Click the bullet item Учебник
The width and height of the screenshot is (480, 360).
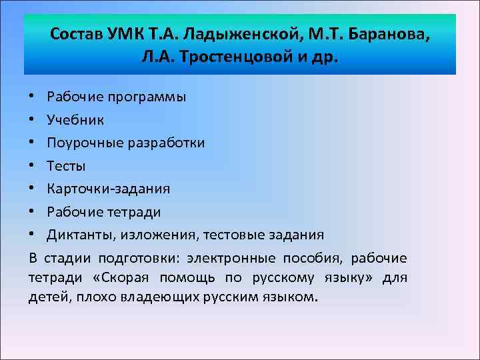tap(75, 120)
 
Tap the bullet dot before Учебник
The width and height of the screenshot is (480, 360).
tap(33, 120)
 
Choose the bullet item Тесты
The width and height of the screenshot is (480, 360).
tap(67, 166)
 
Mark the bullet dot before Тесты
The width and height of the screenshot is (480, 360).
tap(33, 166)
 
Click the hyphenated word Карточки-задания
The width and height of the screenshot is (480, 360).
tap(109, 189)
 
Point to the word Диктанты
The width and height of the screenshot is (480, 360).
tap(77, 235)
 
